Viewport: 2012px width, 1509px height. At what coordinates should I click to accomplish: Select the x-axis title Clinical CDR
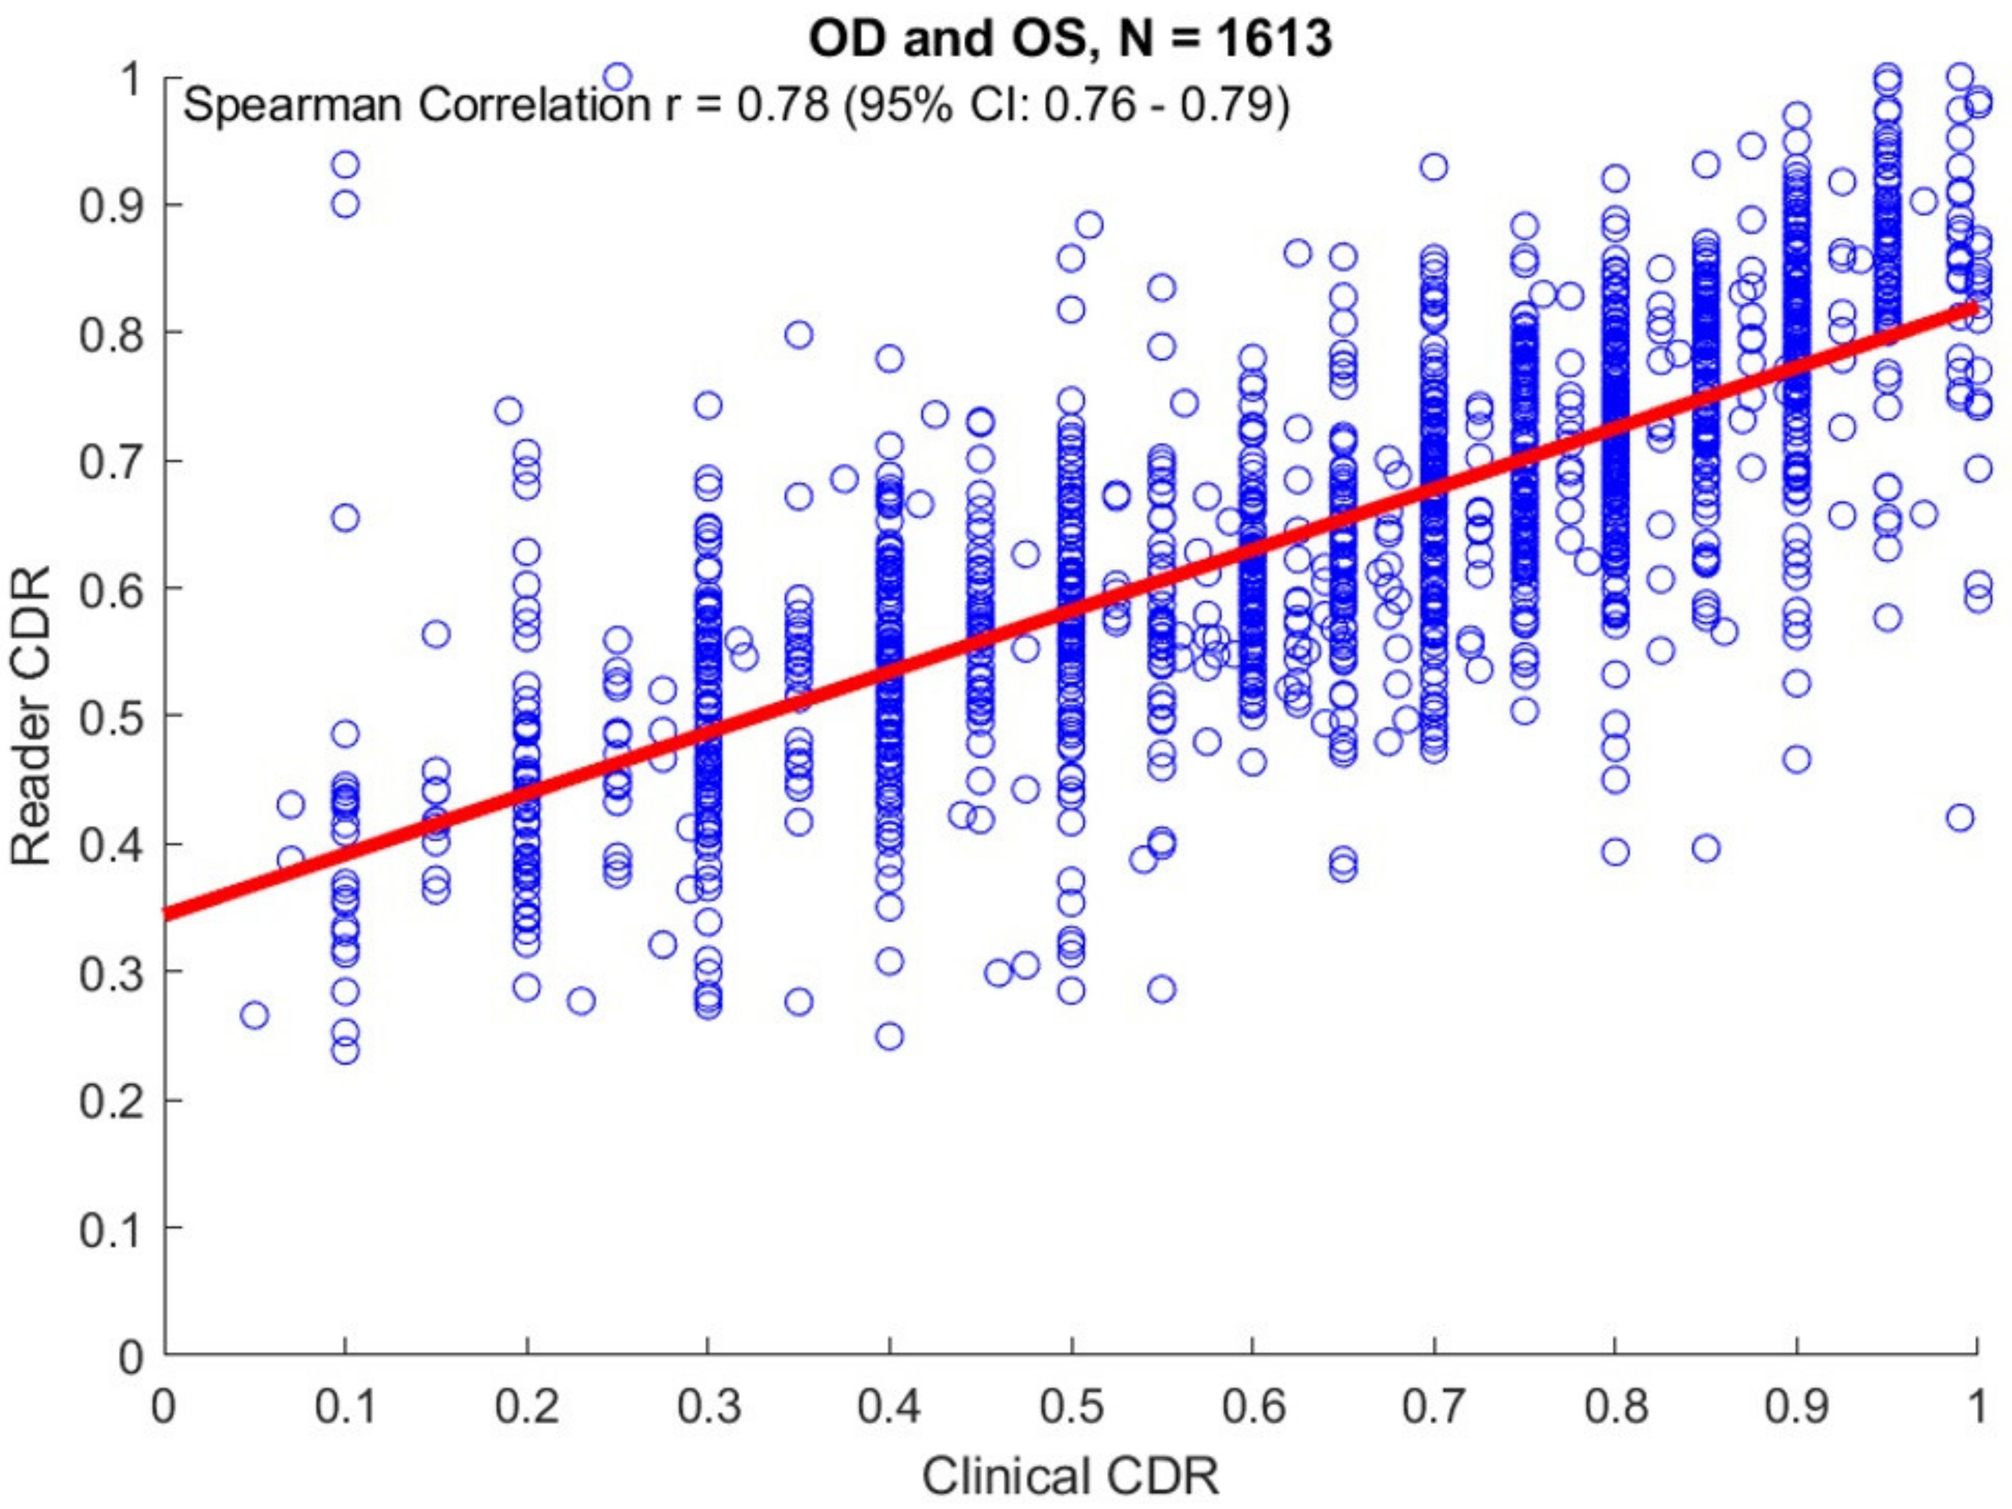click(x=1070, y=1475)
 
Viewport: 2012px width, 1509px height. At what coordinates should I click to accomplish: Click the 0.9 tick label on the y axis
click(x=110, y=206)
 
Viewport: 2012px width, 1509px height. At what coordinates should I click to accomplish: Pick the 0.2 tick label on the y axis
click(x=110, y=1101)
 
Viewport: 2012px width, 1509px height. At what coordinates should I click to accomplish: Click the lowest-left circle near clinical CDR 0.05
click(x=254, y=1015)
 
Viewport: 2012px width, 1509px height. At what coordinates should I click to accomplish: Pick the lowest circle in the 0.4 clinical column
click(x=890, y=1036)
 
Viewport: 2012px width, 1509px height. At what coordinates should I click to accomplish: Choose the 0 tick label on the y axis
click(x=133, y=1356)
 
